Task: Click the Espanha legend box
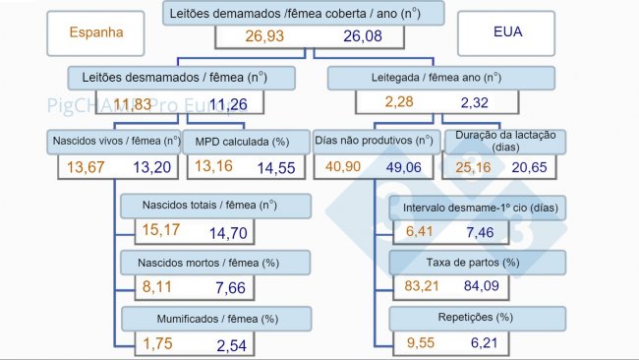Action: pyautogui.click(x=96, y=31)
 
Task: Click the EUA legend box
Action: pyautogui.click(x=507, y=32)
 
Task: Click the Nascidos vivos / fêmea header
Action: pyautogui.click(x=114, y=141)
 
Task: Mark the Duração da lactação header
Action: pyautogui.click(x=504, y=141)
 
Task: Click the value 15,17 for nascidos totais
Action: pyautogui.click(x=164, y=232)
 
